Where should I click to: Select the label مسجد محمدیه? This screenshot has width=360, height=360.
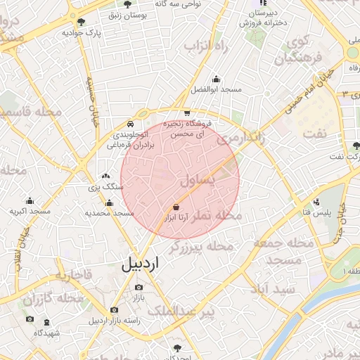109,212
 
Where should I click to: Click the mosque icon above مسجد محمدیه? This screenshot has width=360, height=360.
109,202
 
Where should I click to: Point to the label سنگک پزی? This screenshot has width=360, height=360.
105,187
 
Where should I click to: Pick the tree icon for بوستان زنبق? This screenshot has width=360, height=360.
127,4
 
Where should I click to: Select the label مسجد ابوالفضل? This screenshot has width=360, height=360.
216,90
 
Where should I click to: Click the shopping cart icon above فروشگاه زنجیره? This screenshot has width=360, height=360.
186,112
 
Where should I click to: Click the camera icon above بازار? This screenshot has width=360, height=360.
138,287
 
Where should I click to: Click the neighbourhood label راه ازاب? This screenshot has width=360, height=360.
207,46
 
